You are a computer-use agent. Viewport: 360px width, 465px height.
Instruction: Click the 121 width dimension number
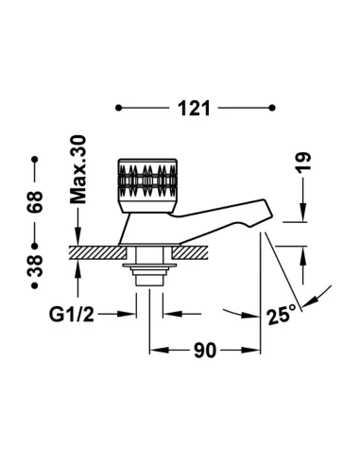coord(194,109)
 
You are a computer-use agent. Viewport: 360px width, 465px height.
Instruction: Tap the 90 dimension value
coord(205,351)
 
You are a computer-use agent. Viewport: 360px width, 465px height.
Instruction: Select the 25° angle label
coord(282,315)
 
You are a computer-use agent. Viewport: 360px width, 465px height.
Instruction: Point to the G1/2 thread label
coord(72,314)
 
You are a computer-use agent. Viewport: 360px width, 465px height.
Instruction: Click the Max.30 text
coord(77,169)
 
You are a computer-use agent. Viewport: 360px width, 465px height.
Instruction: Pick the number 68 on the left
coord(35,201)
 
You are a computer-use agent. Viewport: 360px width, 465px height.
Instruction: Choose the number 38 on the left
coord(35,266)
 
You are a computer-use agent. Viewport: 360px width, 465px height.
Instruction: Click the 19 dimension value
coord(303,162)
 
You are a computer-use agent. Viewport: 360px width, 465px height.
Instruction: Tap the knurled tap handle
coord(147,185)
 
